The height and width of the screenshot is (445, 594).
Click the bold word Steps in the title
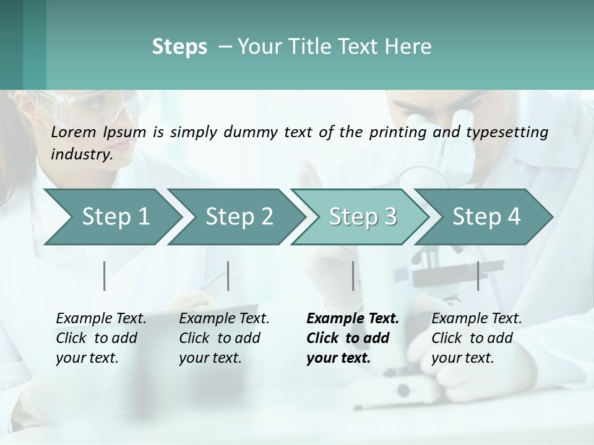pos(179,47)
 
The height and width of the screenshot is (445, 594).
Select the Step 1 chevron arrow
pos(111,217)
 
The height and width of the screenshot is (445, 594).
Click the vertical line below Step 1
pos(105,276)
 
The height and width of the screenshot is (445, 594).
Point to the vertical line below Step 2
pos(228,276)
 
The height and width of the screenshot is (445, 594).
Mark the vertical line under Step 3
pos(353,276)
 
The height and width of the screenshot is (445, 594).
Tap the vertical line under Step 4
pos(478,276)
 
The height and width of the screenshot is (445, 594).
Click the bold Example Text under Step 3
pos(353,319)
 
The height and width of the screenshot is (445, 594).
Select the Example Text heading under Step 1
pos(101,319)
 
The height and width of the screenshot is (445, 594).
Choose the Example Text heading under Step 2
pos(224,319)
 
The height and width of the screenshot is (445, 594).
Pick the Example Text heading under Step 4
pos(476,319)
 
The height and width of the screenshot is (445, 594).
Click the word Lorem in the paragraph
pos(74,132)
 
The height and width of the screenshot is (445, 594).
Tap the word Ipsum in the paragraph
pos(125,132)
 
